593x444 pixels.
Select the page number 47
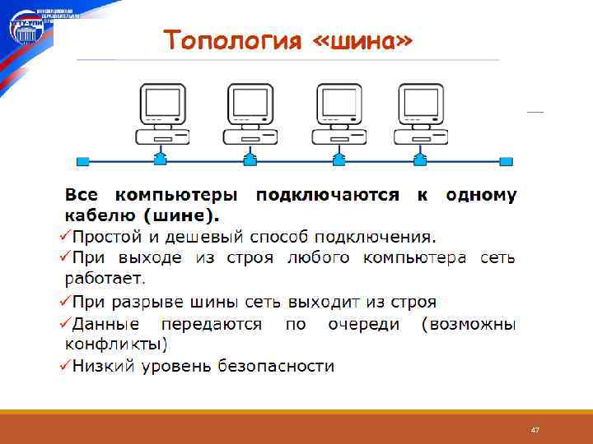click(x=535, y=430)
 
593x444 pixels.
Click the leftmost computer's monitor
click(x=161, y=102)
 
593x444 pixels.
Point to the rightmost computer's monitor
click(x=420, y=102)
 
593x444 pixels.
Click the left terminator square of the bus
click(x=82, y=160)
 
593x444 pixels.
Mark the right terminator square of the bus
click(x=507, y=160)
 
